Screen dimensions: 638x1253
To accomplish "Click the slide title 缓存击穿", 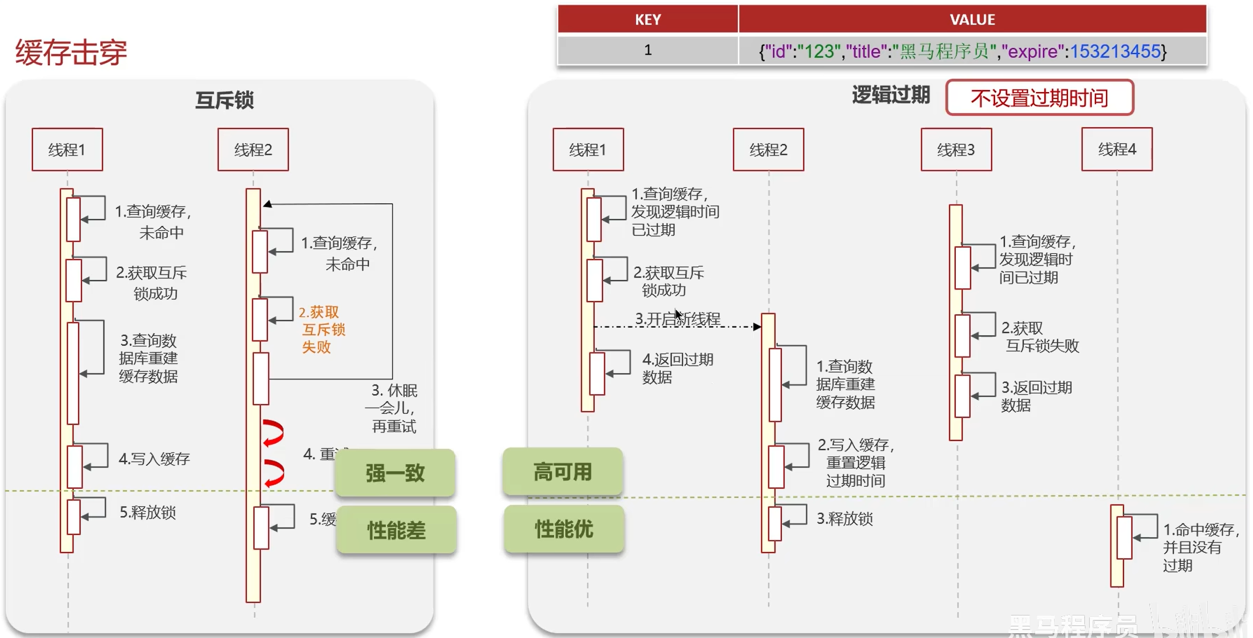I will tap(71, 53).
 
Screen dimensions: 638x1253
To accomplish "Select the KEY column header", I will tap(647, 20).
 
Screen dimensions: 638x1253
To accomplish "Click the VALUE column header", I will tap(972, 20).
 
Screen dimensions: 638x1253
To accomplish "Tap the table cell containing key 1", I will tap(647, 50).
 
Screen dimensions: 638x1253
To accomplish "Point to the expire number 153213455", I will tap(1115, 51).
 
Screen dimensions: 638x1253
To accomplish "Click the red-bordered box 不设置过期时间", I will tap(1039, 98).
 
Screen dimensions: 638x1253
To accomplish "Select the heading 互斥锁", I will tap(224, 100).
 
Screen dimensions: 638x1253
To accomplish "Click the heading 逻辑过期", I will tap(890, 95).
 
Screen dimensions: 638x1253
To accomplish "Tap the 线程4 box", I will tap(1117, 150).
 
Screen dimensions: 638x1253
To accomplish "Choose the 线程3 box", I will tap(956, 150).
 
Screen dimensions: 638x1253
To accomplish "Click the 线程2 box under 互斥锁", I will tap(253, 150).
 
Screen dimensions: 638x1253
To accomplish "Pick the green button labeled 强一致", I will tap(395, 473).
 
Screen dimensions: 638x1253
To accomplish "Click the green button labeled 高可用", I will tap(563, 472).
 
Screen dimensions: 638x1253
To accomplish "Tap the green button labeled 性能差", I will tap(396, 530).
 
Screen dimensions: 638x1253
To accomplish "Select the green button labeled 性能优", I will tap(564, 529).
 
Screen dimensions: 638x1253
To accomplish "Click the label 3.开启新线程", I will tap(677, 319).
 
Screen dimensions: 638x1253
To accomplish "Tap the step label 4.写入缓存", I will tap(154, 459).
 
